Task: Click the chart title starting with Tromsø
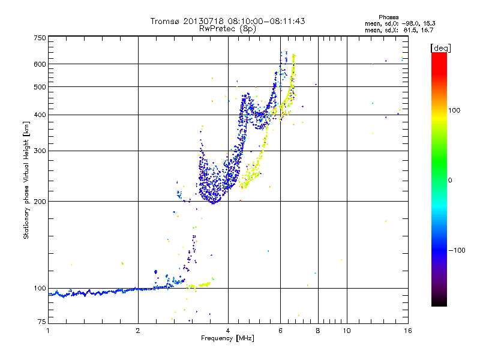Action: [x=227, y=21]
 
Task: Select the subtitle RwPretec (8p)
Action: [x=227, y=28]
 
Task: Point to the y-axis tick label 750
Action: [x=40, y=38]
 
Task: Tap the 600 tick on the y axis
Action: [x=40, y=64]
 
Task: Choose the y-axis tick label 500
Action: [x=40, y=86]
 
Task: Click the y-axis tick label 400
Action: [x=40, y=115]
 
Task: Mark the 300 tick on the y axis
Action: [x=40, y=151]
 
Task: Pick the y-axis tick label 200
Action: [x=40, y=201]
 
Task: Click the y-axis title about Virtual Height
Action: [x=26, y=180]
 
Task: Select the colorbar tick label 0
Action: [x=451, y=180]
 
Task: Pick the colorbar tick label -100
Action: [x=456, y=250]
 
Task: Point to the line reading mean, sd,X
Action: [x=391, y=29]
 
